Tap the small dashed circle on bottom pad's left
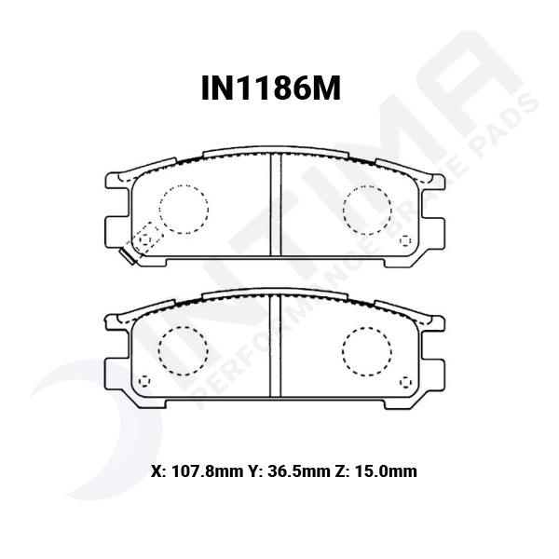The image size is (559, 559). (143, 383)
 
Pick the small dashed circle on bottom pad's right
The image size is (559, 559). (405, 383)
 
